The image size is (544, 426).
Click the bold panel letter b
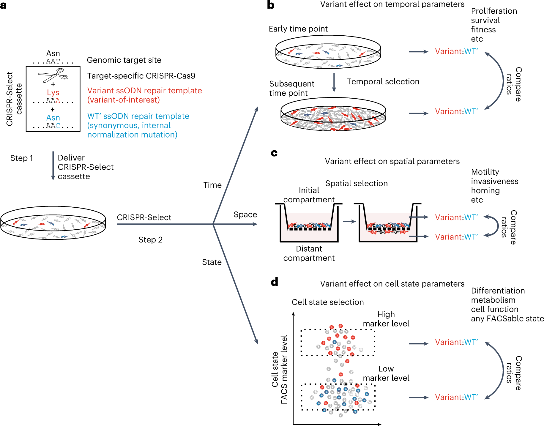pos(271,5)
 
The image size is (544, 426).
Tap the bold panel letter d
pos(274,282)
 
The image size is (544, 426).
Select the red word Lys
pos(53,92)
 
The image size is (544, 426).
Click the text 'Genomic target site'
pos(124,60)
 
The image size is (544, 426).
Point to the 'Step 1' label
pos(21,158)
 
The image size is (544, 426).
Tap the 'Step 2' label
pos(150,240)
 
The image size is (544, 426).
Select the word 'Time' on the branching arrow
pos(212,185)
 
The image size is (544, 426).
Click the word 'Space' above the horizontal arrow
pos(245,214)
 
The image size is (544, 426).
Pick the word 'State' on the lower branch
pos(212,262)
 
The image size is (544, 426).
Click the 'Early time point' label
pos(298,29)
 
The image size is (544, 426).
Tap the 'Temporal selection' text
pos(383,82)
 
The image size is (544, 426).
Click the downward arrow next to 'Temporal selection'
pos(334,82)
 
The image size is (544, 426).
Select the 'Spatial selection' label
pos(356,184)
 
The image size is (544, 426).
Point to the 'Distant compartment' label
pos(309,253)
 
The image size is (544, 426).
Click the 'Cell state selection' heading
pos(328,302)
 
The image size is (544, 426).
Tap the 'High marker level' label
pos(386,319)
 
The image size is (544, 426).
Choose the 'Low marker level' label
pos(386,373)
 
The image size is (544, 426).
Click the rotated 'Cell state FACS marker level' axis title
pos(280,369)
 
